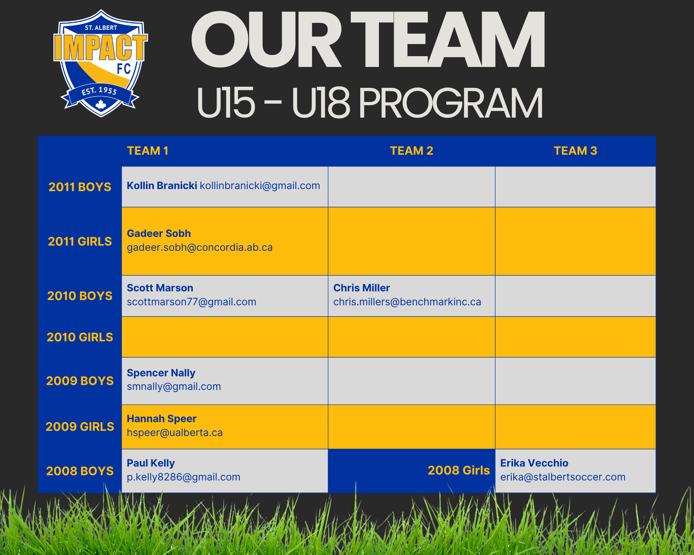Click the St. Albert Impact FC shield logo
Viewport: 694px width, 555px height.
(101, 63)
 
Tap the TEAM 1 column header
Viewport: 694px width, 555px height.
(147, 151)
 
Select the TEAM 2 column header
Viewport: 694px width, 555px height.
(412, 151)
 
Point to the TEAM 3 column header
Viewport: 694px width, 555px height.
(575, 151)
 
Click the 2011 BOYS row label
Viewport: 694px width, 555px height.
(80, 187)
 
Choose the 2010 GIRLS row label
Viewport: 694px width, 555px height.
(80, 337)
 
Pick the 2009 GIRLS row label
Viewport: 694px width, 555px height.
(80, 427)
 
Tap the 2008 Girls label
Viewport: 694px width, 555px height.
(459, 470)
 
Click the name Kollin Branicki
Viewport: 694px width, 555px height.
(162, 186)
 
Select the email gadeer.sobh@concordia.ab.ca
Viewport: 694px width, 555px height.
(200, 248)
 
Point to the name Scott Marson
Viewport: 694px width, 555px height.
(160, 288)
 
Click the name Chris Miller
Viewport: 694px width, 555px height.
(362, 288)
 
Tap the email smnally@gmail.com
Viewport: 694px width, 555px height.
(174, 386)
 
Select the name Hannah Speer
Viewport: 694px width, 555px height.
(162, 419)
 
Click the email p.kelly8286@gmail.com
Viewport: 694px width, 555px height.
(184, 477)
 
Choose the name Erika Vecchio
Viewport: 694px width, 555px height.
(534, 463)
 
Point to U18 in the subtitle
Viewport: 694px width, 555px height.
(321, 103)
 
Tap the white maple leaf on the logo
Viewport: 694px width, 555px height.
(101, 104)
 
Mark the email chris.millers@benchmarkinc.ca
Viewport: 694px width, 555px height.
(407, 302)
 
